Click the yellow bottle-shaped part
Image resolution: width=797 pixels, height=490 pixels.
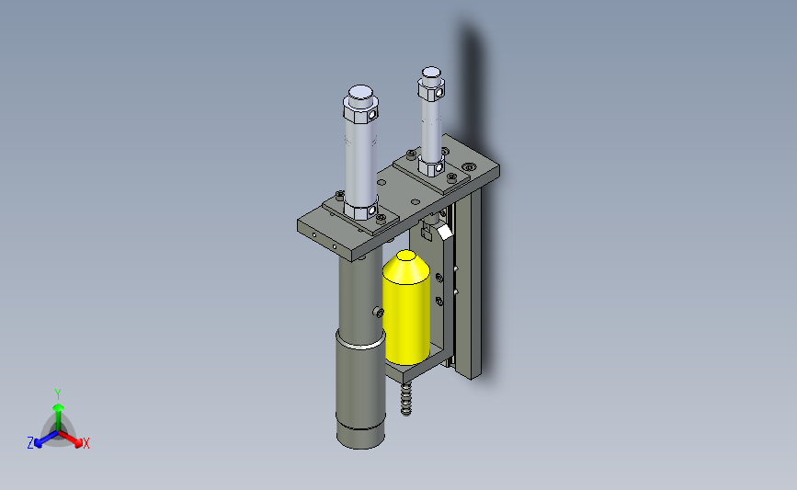pyautogui.click(x=406, y=310)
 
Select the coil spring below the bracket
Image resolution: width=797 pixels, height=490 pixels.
pyautogui.click(x=405, y=399)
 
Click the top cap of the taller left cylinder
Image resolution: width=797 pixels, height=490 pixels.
pyautogui.click(x=361, y=93)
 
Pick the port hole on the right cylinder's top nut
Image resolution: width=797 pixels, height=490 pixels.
pyautogui.click(x=440, y=93)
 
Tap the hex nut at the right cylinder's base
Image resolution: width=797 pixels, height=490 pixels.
pyautogui.click(x=431, y=167)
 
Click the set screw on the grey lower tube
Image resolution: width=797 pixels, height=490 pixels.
pyautogui.click(x=379, y=312)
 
